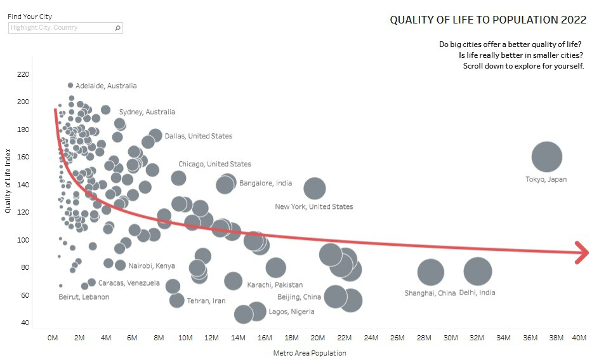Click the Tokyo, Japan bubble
[x=546, y=157]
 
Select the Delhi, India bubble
[x=478, y=271]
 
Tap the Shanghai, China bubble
[x=430, y=272]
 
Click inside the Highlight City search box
[x=60, y=28]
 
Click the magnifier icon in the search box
[x=117, y=28]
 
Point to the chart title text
[x=488, y=20]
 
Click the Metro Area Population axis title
[x=310, y=353]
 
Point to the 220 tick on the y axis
[x=23, y=74]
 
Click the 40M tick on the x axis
[x=579, y=337]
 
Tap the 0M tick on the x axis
[x=53, y=337]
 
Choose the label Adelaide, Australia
[x=106, y=86]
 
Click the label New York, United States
[x=314, y=206]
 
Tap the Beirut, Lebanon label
[x=84, y=297]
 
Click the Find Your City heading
[x=30, y=17]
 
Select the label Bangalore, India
[x=265, y=183]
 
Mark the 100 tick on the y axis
[x=23, y=240]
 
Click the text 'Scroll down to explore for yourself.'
[x=524, y=66]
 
